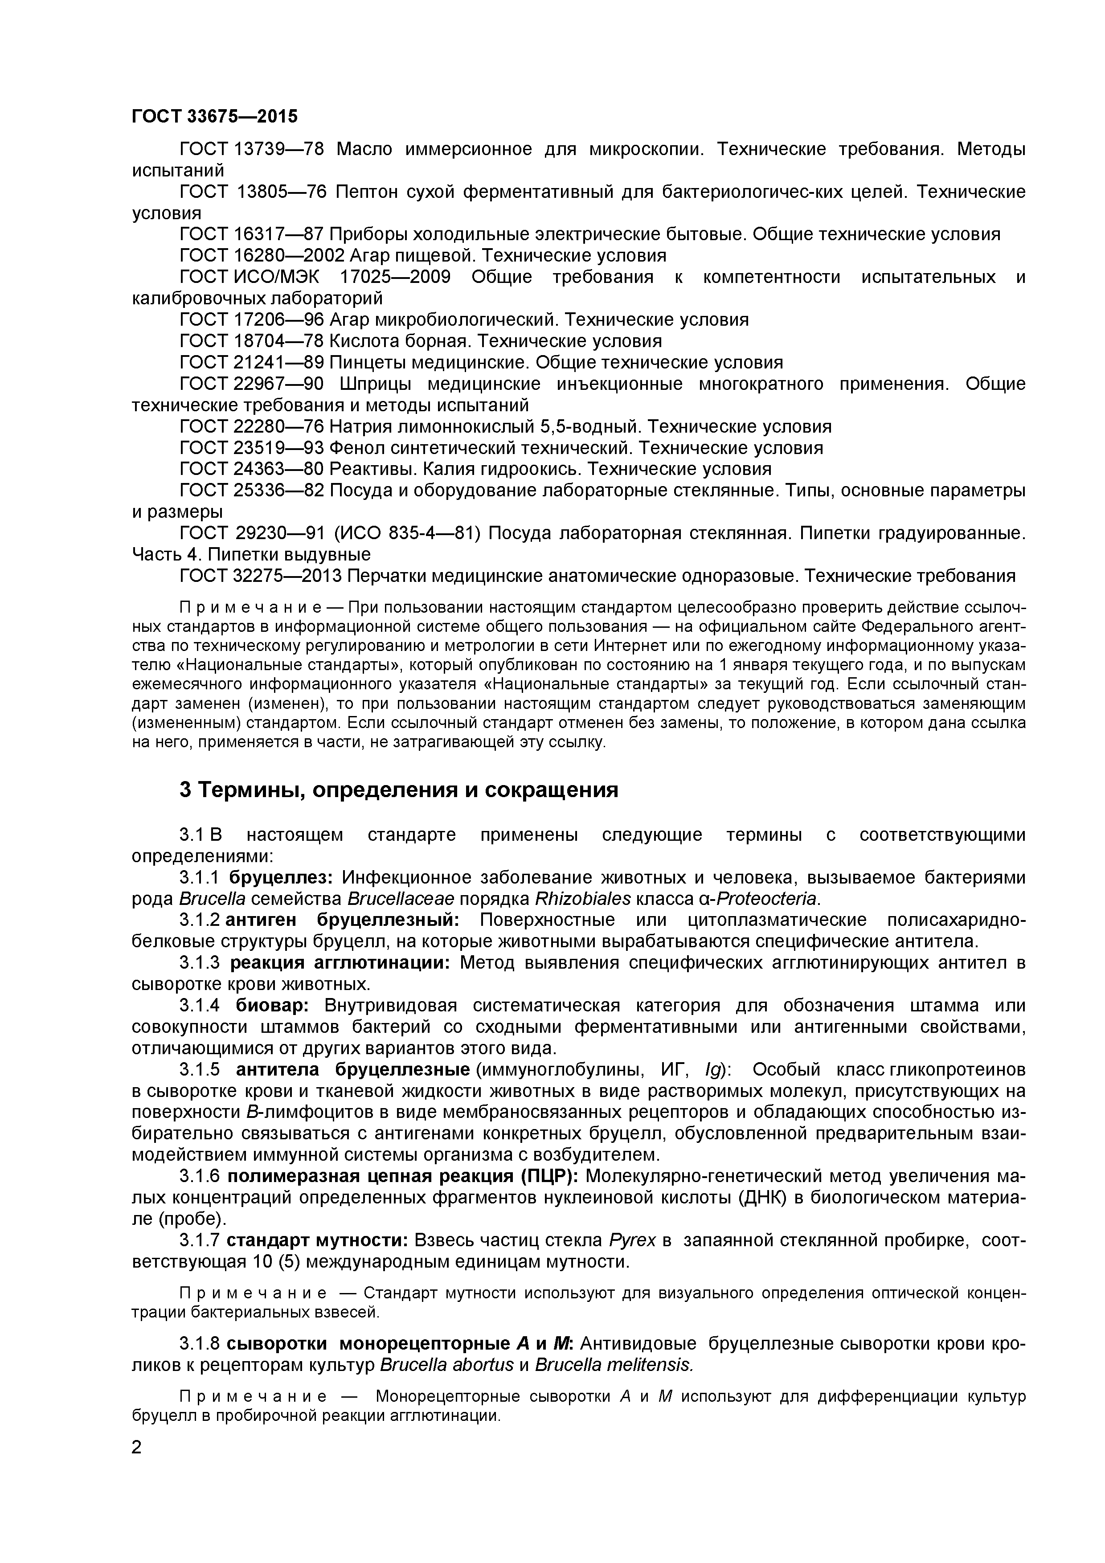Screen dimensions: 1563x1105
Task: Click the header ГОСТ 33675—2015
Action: [x=214, y=116]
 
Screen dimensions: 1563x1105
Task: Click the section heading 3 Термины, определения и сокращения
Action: [x=399, y=790]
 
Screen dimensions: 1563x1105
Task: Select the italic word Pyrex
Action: [x=632, y=1240]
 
